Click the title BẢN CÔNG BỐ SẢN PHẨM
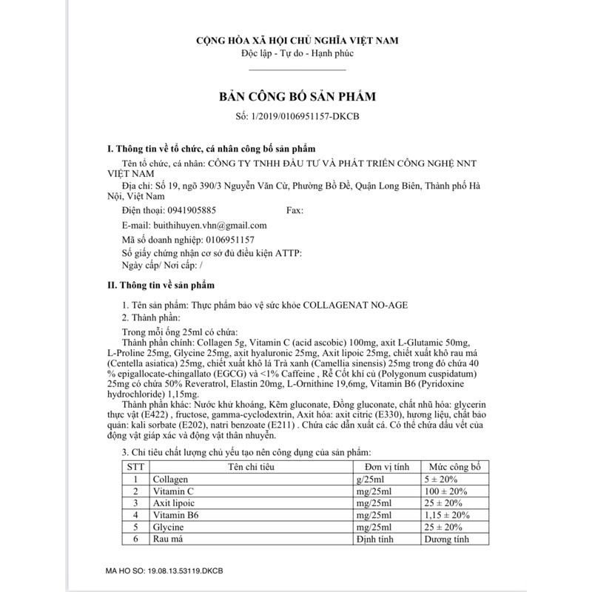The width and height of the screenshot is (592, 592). point(296,97)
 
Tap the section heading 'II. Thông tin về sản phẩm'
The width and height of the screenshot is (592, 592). point(161,284)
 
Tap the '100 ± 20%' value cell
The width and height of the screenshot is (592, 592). point(444,491)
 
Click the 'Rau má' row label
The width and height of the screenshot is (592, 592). point(168,538)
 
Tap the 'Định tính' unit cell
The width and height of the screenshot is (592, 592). point(378,538)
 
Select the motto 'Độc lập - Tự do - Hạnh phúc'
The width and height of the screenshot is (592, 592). point(296,55)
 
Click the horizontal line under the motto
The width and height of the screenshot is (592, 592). point(296,69)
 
